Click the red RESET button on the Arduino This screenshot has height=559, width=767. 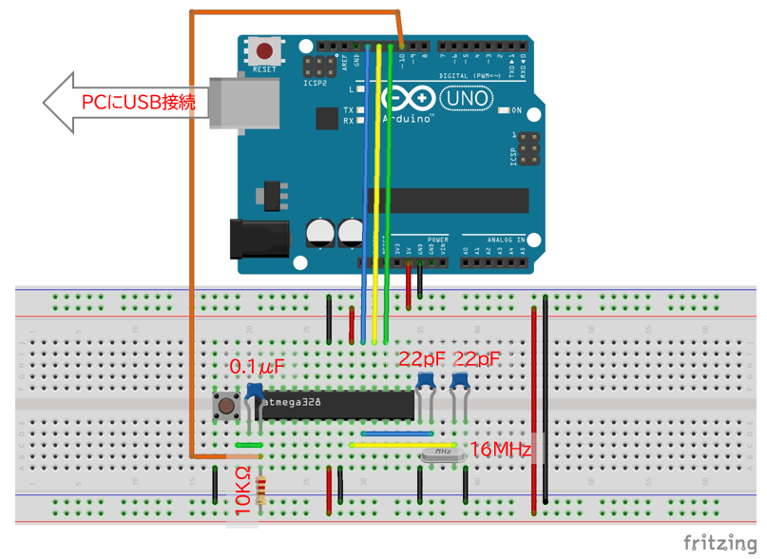pos(264,51)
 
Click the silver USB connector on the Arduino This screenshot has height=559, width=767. pos(244,102)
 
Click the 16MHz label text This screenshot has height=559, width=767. pos(500,449)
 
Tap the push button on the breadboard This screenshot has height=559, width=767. pos(227,408)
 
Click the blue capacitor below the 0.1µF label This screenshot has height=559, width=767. pos(255,390)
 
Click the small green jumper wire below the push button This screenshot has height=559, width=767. pos(249,444)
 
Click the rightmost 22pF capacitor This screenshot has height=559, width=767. pos(460,381)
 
